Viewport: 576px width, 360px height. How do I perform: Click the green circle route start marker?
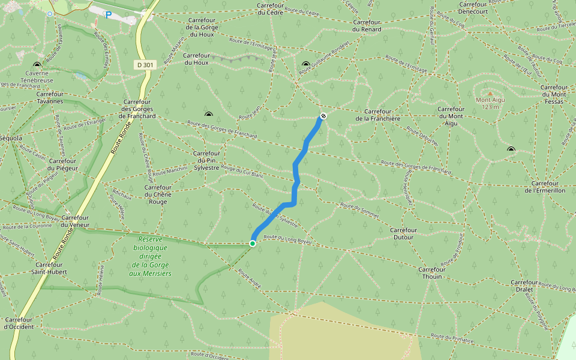[x=253, y=244]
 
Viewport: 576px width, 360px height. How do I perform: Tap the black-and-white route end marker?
[x=323, y=115]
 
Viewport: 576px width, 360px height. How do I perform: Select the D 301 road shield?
[x=145, y=64]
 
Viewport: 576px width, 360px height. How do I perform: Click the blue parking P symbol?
[x=109, y=15]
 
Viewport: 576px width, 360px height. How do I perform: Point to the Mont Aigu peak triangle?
[x=490, y=94]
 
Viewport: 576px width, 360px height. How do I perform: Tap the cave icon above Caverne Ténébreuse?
[x=37, y=65]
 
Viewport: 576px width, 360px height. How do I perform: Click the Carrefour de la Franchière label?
[x=378, y=115]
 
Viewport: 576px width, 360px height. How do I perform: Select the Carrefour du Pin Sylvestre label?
[x=205, y=161]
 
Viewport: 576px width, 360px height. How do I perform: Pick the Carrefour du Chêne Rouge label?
[x=158, y=194]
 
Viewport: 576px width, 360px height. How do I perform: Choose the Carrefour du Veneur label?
[x=76, y=221]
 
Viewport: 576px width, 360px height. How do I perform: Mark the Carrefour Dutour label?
[x=403, y=233]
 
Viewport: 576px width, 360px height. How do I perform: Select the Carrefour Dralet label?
[x=524, y=286]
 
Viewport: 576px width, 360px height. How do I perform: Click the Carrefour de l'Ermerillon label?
[x=545, y=187]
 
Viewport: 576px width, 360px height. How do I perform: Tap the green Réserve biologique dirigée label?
[x=150, y=256]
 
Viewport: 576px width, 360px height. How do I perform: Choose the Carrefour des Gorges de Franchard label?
[x=139, y=109]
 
